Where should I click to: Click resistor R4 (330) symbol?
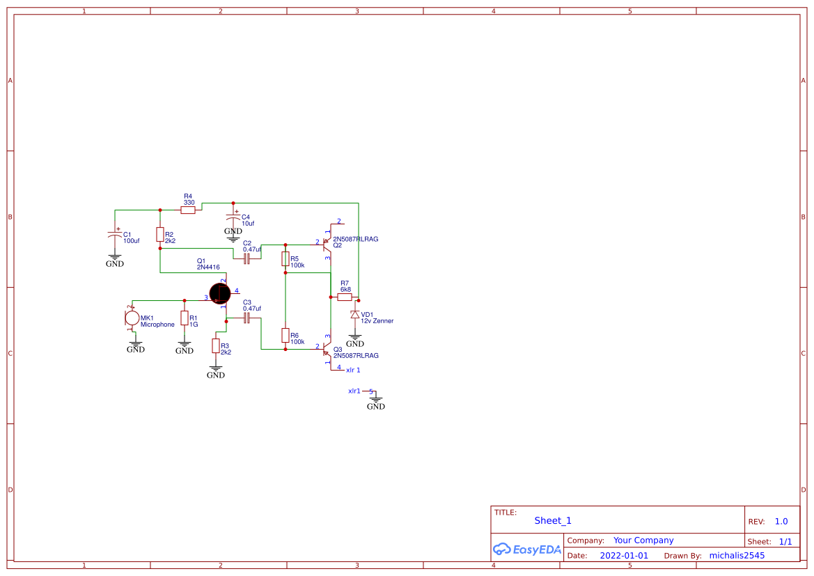(x=188, y=210)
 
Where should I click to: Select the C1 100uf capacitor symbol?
(x=115, y=236)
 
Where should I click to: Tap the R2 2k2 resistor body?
(x=160, y=235)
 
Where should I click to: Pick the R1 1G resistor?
(x=185, y=318)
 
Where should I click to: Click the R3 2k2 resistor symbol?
(x=216, y=346)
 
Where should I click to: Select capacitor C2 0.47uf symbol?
(x=246, y=259)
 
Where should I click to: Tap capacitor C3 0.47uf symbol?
(x=246, y=318)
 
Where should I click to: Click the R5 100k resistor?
(x=285, y=259)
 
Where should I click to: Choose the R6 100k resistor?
(x=285, y=336)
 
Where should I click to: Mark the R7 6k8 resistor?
(x=345, y=297)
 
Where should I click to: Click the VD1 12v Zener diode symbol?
(x=355, y=315)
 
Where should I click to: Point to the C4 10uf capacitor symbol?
(x=234, y=218)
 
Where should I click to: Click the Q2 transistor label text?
(x=337, y=245)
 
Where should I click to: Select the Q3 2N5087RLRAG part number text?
(x=356, y=355)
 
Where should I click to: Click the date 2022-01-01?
(x=624, y=556)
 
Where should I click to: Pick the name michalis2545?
(x=737, y=556)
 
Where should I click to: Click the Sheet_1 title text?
(x=553, y=521)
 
